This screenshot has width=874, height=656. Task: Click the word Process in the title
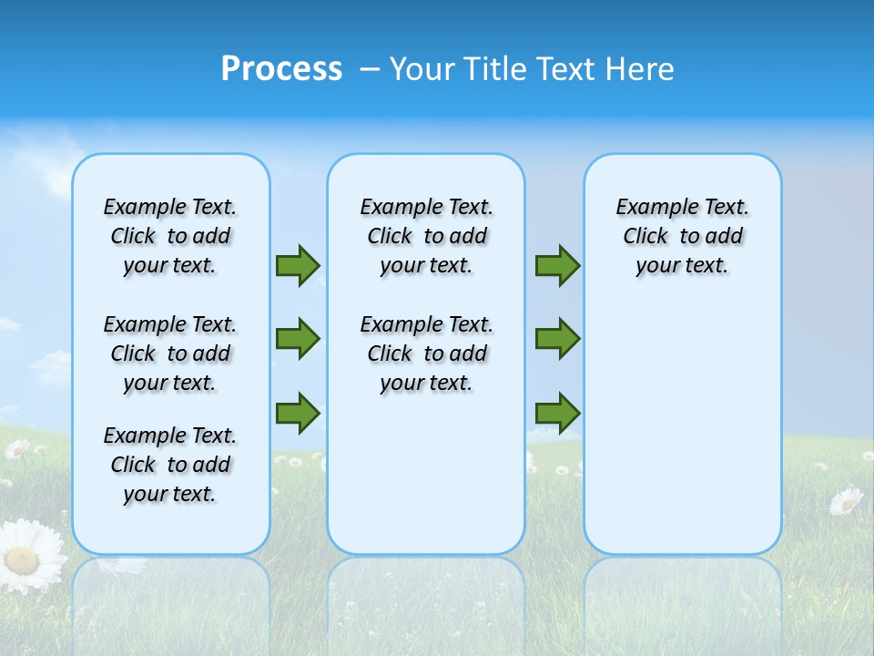point(281,69)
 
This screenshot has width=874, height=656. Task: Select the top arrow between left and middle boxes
point(298,265)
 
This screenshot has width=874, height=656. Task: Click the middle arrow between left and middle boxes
point(298,339)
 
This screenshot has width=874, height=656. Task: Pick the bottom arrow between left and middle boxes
point(298,413)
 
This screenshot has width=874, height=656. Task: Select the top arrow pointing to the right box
point(557,265)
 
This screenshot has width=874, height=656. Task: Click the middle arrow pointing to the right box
point(557,339)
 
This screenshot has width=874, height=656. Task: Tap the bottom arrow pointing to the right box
point(557,413)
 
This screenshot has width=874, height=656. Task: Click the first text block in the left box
point(170,236)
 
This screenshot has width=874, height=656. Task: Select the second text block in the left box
point(170,354)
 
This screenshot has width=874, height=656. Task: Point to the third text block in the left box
point(170,465)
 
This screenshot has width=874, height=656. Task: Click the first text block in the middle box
point(427,236)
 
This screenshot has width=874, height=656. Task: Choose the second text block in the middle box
point(427,354)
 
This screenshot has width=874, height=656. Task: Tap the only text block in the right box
point(683,236)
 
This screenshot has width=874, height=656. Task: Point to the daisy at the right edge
point(847,500)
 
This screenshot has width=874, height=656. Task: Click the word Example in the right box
point(650,208)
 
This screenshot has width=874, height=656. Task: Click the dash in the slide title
point(370,69)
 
